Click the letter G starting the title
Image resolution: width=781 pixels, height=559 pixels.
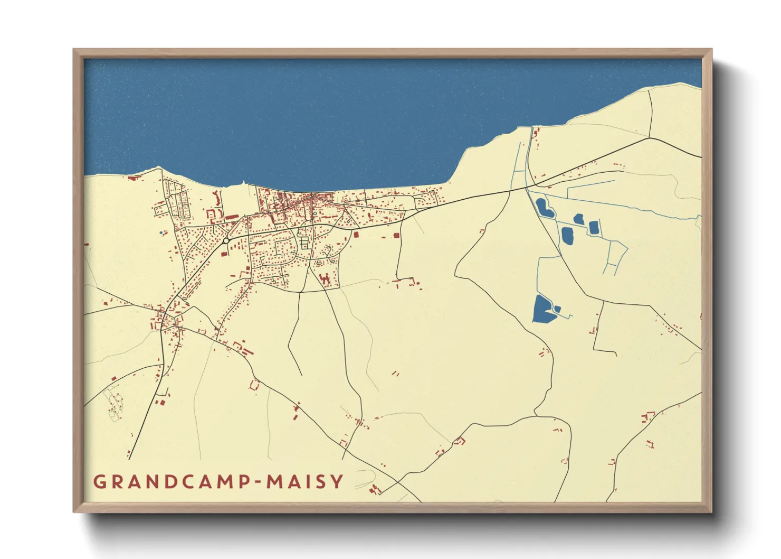pyautogui.click(x=99, y=481)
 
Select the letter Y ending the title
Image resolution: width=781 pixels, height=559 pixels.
pyautogui.click(x=337, y=481)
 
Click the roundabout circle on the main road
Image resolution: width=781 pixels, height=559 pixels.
pyautogui.click(x=226, y=241)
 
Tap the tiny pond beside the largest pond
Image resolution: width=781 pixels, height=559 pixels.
pyautogui.click(x=557, y=309)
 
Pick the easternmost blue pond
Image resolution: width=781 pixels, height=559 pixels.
pyautogui.click(x=593, y=227)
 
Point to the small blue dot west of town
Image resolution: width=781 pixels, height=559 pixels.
pyautogui.click(x=161, y=232)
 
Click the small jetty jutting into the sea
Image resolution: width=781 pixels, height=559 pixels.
pyautogui.click(x=243, y=184)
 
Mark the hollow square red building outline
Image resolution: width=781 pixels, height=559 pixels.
pyautogui.click(x=255, y=385)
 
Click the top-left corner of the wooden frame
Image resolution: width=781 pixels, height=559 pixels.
pyautogui.click(x=74, y=50)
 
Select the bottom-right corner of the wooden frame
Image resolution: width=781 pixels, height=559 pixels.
pyautogui.click(x=711, y=512)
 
